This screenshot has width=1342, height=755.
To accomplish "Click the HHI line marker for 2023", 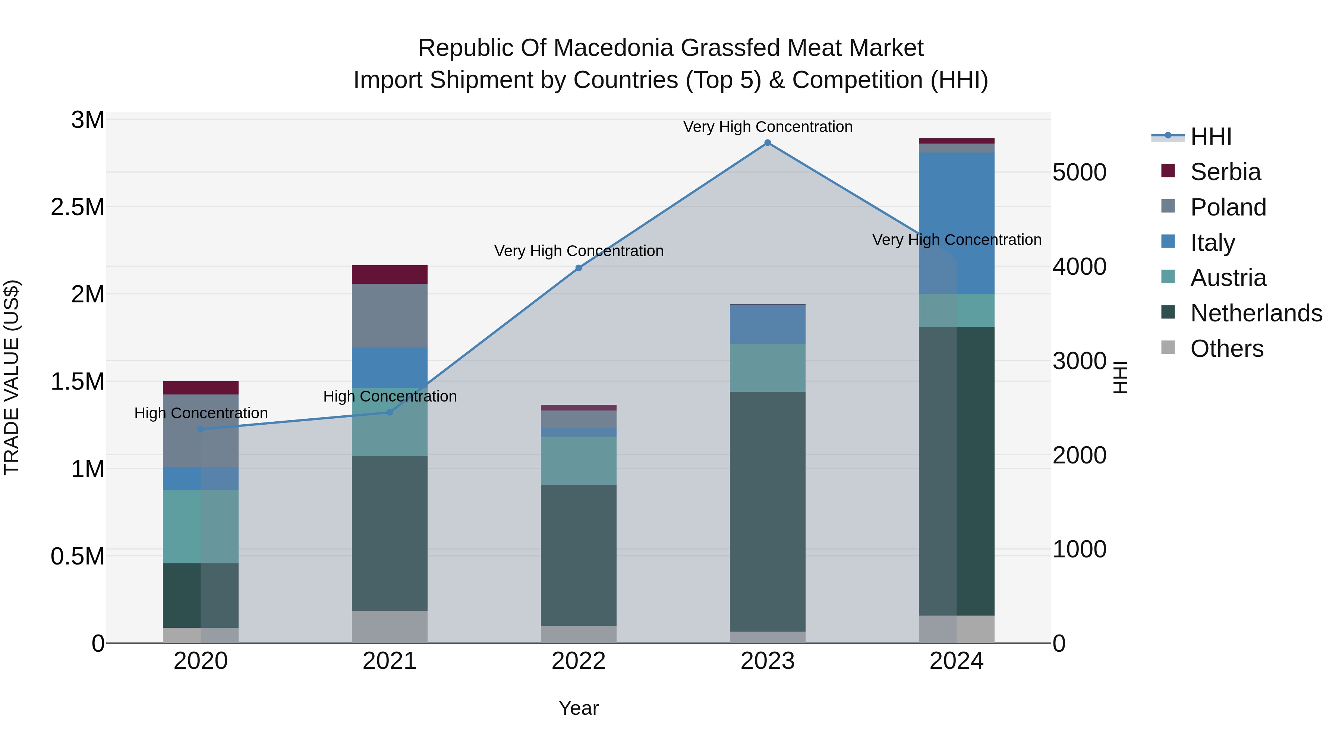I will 768,143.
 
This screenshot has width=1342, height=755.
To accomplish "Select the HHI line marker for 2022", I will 578,268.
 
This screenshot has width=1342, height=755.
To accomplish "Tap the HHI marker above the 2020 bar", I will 201,430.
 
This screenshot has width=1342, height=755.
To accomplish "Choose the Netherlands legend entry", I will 1256,313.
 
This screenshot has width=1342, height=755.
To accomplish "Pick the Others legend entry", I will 1226,349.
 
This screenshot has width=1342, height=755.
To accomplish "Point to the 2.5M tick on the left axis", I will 77,207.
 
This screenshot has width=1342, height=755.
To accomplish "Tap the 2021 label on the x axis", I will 389,661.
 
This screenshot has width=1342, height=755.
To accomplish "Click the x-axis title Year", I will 578,708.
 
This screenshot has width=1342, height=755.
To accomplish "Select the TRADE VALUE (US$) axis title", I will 12,377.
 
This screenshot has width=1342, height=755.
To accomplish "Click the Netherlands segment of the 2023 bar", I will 768,511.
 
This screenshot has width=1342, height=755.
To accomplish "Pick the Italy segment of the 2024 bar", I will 957,223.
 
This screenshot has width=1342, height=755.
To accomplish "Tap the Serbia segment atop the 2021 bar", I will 389,274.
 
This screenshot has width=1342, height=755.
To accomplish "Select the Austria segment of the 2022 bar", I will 578,460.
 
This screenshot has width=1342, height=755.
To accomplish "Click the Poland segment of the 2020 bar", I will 201,431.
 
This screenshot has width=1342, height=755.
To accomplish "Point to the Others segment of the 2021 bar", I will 389,627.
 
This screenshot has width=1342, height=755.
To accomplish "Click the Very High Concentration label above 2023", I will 768,127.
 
